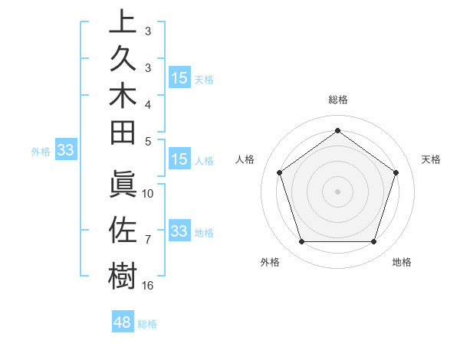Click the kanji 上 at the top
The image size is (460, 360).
coord(123,21)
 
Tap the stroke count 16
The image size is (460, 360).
coord(148,285)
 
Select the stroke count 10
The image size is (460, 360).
coord(148,193)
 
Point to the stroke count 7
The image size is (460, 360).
coord(147,240)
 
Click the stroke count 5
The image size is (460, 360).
coord(148,141)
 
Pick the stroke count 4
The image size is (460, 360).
coord(148,104)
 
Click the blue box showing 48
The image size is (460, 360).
coord(123,322)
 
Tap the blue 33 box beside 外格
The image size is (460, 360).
coord(65,151)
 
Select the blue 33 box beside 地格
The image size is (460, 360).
coord(179,231)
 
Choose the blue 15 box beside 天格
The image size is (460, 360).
coord(179,78)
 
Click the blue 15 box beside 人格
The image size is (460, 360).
coord(179,160)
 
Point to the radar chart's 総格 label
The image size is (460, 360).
coord(337,100)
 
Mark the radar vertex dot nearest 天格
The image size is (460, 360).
coord(396,172)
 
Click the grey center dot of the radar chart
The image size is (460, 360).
coord(337,191)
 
